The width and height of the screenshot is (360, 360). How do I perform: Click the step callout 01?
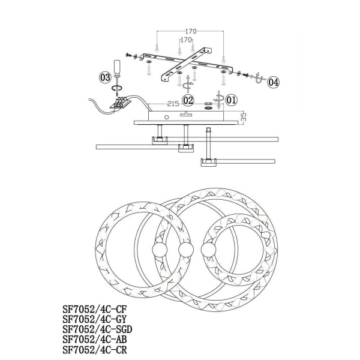(x=231, y=100)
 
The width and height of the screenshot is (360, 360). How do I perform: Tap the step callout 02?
(x=188, y=100)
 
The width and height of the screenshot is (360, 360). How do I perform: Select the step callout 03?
(x=105, y=77)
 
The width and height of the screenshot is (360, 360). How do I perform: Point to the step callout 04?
(x=273, y=82)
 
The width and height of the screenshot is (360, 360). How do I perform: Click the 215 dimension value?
(x=173, y=104)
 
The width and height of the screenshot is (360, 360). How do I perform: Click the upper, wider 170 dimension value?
(x=191, y=31)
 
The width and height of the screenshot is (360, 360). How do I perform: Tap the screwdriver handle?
(x=118, y=67)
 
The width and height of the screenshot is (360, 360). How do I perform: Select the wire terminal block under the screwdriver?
(x=120, y=103)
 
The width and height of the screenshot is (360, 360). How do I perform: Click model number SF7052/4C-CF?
(x=95, y=309)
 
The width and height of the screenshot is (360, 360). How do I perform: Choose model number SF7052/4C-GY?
(x=95, y=319)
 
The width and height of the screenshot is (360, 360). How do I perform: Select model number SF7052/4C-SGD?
(x=97, y=329)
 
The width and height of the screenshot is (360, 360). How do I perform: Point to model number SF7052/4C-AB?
(x=95, y=340)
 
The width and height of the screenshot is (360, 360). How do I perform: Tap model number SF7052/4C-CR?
(x=95, y=350)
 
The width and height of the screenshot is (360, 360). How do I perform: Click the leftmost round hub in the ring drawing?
(x=160, y=250)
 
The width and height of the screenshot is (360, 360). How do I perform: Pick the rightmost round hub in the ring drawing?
(x=208, y=250)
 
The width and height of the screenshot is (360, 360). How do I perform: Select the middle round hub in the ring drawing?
(x=186, y=250)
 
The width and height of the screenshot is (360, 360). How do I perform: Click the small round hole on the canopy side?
(x=167, y=118)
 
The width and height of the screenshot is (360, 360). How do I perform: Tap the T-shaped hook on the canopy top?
(x=186, y=113)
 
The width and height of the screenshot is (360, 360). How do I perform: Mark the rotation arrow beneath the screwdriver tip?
(x=117, y=88)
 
